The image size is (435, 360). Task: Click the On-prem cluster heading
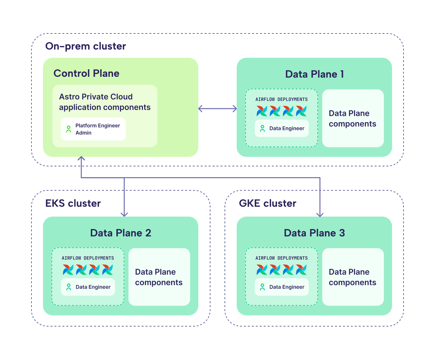coord(86,46)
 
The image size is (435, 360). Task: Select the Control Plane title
coord(86,73)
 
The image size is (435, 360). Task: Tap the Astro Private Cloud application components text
coord(105,102)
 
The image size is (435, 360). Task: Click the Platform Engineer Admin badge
coord(93,129)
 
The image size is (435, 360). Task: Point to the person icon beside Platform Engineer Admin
coord(69,129)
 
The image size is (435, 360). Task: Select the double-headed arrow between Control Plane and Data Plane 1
coord(217,109)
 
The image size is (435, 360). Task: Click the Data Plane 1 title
coord(314,74)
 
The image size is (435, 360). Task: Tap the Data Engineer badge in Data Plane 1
coord(282,128)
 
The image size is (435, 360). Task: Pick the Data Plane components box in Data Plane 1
coord(353,118)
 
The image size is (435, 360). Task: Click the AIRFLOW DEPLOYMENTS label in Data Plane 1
coord(282,99)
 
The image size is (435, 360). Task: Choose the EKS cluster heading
coord(73,203)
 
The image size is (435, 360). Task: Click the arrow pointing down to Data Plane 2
coord(124,203)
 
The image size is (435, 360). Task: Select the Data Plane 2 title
coord(121,233)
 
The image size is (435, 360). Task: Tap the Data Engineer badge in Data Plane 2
coord(88,287)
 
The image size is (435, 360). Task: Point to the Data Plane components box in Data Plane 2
coord(159,277)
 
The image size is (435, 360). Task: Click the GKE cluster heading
coord(267,203)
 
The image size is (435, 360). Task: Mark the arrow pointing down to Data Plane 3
coord(320,203)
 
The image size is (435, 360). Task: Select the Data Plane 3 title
coord(314,233)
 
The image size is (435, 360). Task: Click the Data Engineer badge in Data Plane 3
coord(282,287)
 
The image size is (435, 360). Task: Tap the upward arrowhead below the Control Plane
coord(81,159)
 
